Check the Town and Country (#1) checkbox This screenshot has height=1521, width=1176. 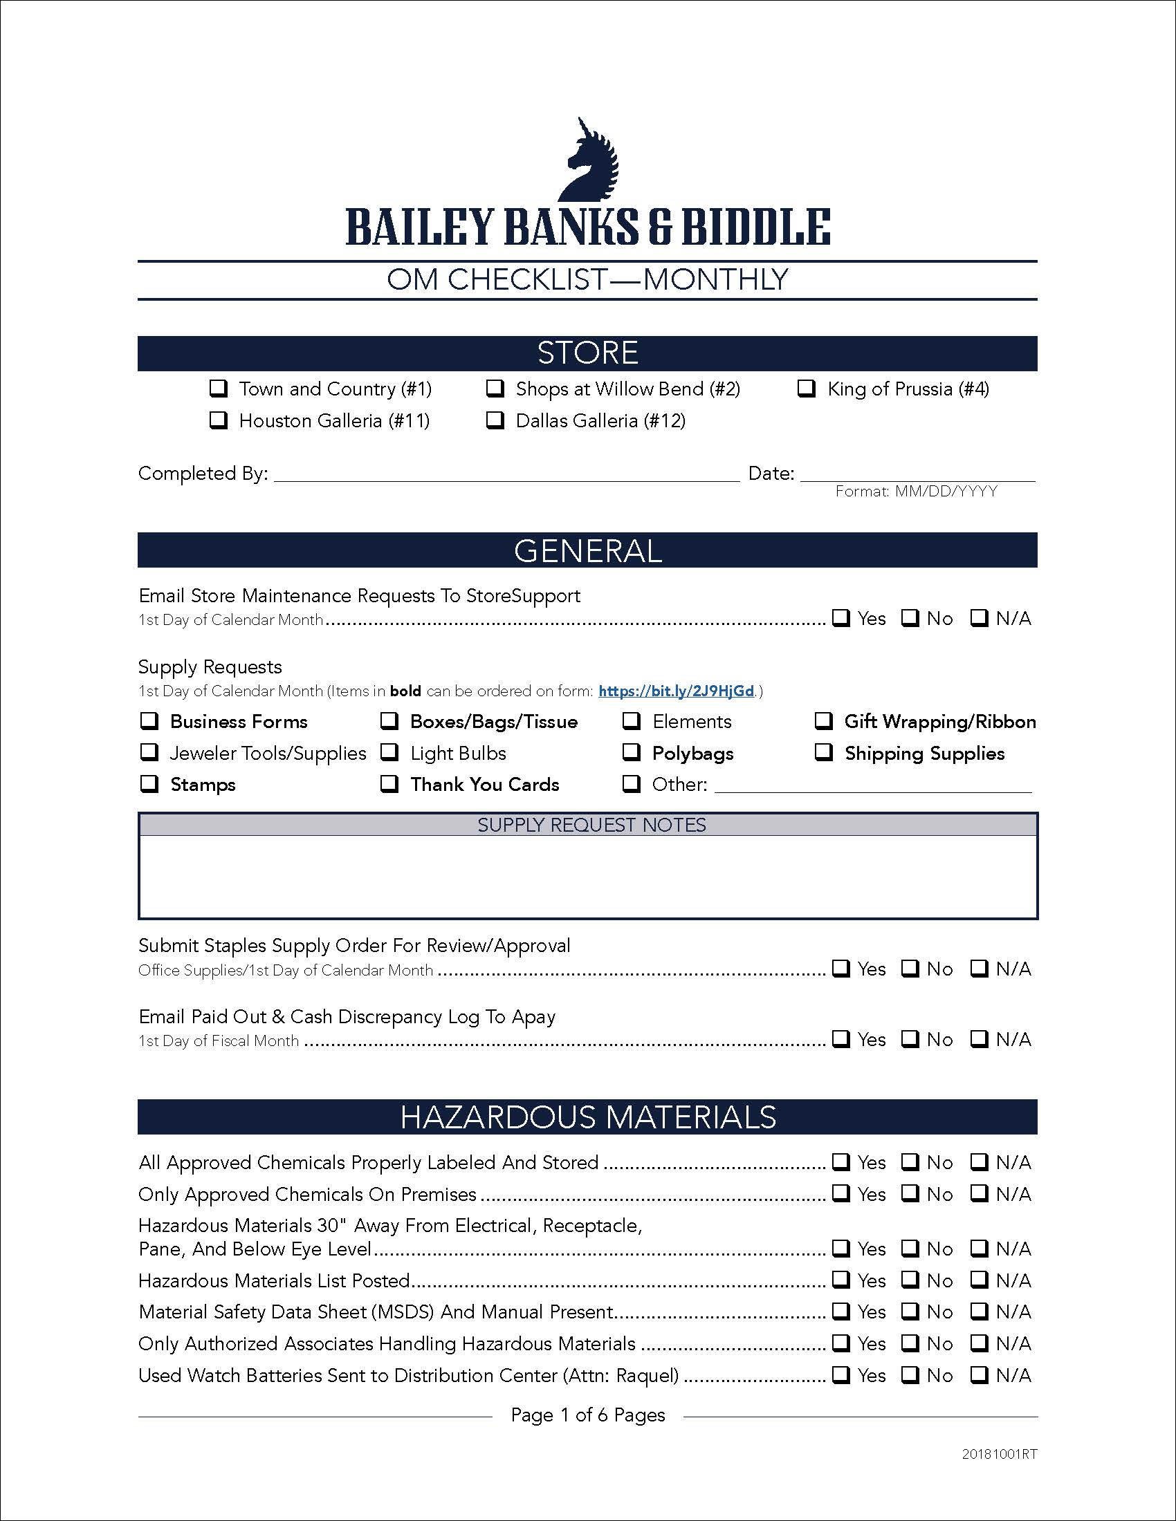219,389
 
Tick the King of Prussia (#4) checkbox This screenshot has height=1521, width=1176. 807,389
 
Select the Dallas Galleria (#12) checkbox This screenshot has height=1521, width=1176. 495,420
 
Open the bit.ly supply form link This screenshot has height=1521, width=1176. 676,691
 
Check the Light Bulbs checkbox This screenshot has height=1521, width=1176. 389,753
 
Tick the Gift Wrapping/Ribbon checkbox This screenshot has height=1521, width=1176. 824,721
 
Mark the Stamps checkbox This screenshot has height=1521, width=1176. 149,784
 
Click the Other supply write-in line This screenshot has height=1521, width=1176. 872,785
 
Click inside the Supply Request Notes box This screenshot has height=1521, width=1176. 587,876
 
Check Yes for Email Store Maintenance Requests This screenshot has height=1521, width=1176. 842,617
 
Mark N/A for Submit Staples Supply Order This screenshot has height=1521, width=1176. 980,969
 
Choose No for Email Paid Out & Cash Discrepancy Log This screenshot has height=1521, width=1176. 910,1039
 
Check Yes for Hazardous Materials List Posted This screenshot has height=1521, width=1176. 842,1279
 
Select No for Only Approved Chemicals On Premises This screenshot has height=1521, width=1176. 910,1194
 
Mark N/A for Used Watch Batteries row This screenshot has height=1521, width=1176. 980,1374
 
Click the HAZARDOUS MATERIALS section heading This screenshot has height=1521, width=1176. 587,1117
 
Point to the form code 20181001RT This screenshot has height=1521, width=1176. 999,1454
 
